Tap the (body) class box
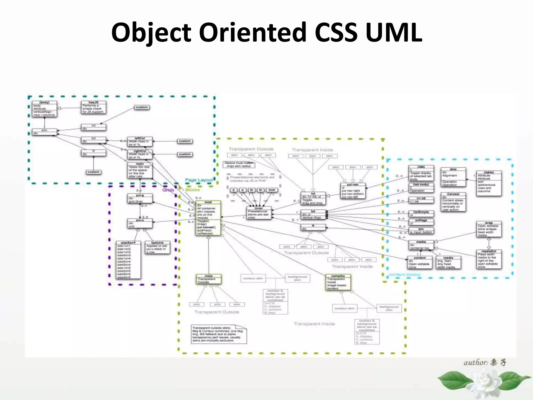44,109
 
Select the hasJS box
93,107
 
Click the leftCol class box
140,142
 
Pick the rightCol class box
140,154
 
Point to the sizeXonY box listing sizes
129,260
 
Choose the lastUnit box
157,247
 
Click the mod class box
208,218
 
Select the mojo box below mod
208,279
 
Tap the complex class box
338,282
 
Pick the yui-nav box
353,191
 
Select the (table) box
489,183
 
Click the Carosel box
453,202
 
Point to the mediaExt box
489,259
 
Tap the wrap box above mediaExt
489,229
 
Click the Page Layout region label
199,180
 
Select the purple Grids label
168,190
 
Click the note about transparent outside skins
219,334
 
